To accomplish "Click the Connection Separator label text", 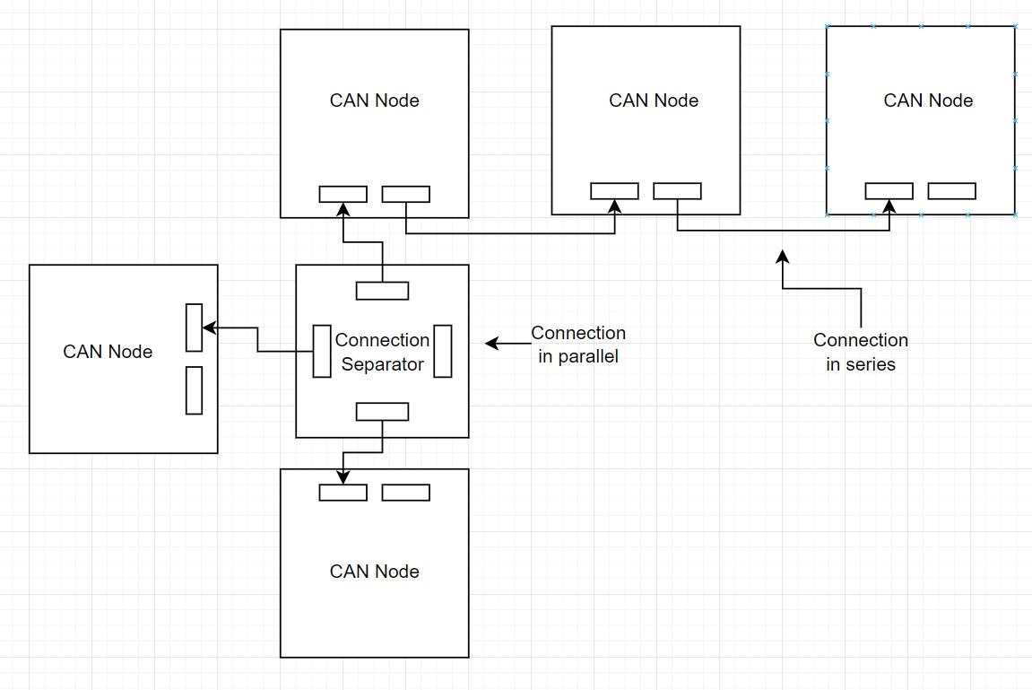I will (x=382, y=352).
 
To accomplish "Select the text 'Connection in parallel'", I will (x=578, y=345).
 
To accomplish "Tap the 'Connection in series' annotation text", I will (x=861, y=352).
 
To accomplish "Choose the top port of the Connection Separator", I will (x=383, y=291).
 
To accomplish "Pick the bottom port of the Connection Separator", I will (x=383, y=412).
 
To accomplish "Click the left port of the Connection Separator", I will (x=322, y=351).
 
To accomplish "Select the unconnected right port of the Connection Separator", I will (x=442, y=351).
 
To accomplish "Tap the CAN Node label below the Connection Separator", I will (x=375, y=572).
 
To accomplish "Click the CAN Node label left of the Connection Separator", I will (x=108, y=352).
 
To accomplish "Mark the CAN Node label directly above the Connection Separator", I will (x=375, y=100).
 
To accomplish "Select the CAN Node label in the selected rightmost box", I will (x=928, y=100).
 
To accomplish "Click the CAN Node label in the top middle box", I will (x=654, y=100).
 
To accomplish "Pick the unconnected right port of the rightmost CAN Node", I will (x=951, y=191).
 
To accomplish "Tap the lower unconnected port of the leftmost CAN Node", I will (x=194, y=390).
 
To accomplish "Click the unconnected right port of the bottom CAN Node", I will (x=406, y=493).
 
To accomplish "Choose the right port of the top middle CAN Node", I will (x=677, y=191).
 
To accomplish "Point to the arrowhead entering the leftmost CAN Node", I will (x=208, y=328).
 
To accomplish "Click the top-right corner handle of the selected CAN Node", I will (x=1015, y=27).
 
